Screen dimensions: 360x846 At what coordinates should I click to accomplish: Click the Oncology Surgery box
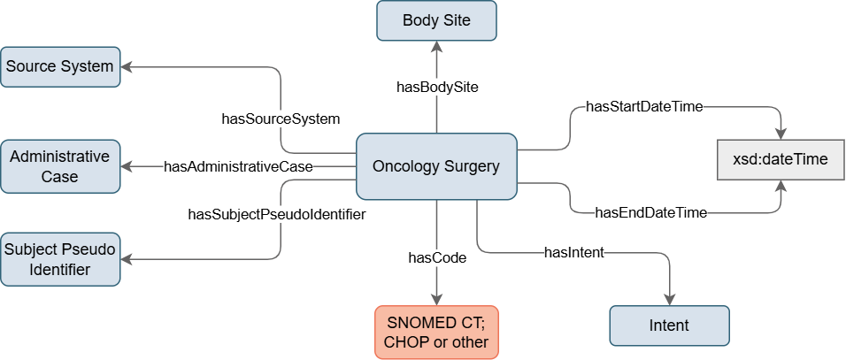(x=435, y=166)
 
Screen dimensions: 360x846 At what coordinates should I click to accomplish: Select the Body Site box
(x=436, y=20)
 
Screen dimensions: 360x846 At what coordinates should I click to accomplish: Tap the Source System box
(x=60, y=66)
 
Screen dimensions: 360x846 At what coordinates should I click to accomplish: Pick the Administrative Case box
(x=60, y=166)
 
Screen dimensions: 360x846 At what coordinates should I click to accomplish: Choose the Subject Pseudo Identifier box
(x=60, y=259)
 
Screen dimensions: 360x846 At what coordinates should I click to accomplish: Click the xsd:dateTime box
(x=781, y=160)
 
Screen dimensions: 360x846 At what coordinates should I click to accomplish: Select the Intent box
(x=669, y=326)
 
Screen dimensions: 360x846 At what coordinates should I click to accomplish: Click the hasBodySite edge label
(x=437, y=88)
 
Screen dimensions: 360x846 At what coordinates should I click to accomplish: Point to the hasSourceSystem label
(x=281, y=118)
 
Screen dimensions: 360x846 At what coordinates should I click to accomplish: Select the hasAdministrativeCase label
(x=238, y=166)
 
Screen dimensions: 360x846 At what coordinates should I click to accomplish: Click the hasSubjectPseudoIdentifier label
(x=277, y=214)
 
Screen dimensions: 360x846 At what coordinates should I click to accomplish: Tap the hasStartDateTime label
(x=644, y=107)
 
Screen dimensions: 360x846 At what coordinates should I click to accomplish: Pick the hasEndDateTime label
(x=650, y=213)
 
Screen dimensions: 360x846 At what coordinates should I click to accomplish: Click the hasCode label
(x=436, y=258)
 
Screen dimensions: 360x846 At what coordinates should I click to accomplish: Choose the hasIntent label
(x=573, y=253)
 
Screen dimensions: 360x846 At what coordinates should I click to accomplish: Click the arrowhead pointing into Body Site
(x=436, y=47)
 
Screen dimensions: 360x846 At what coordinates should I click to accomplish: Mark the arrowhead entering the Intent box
(x=669, y=300)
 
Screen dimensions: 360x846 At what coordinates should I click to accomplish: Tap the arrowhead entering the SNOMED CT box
(x=436, y=300)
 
